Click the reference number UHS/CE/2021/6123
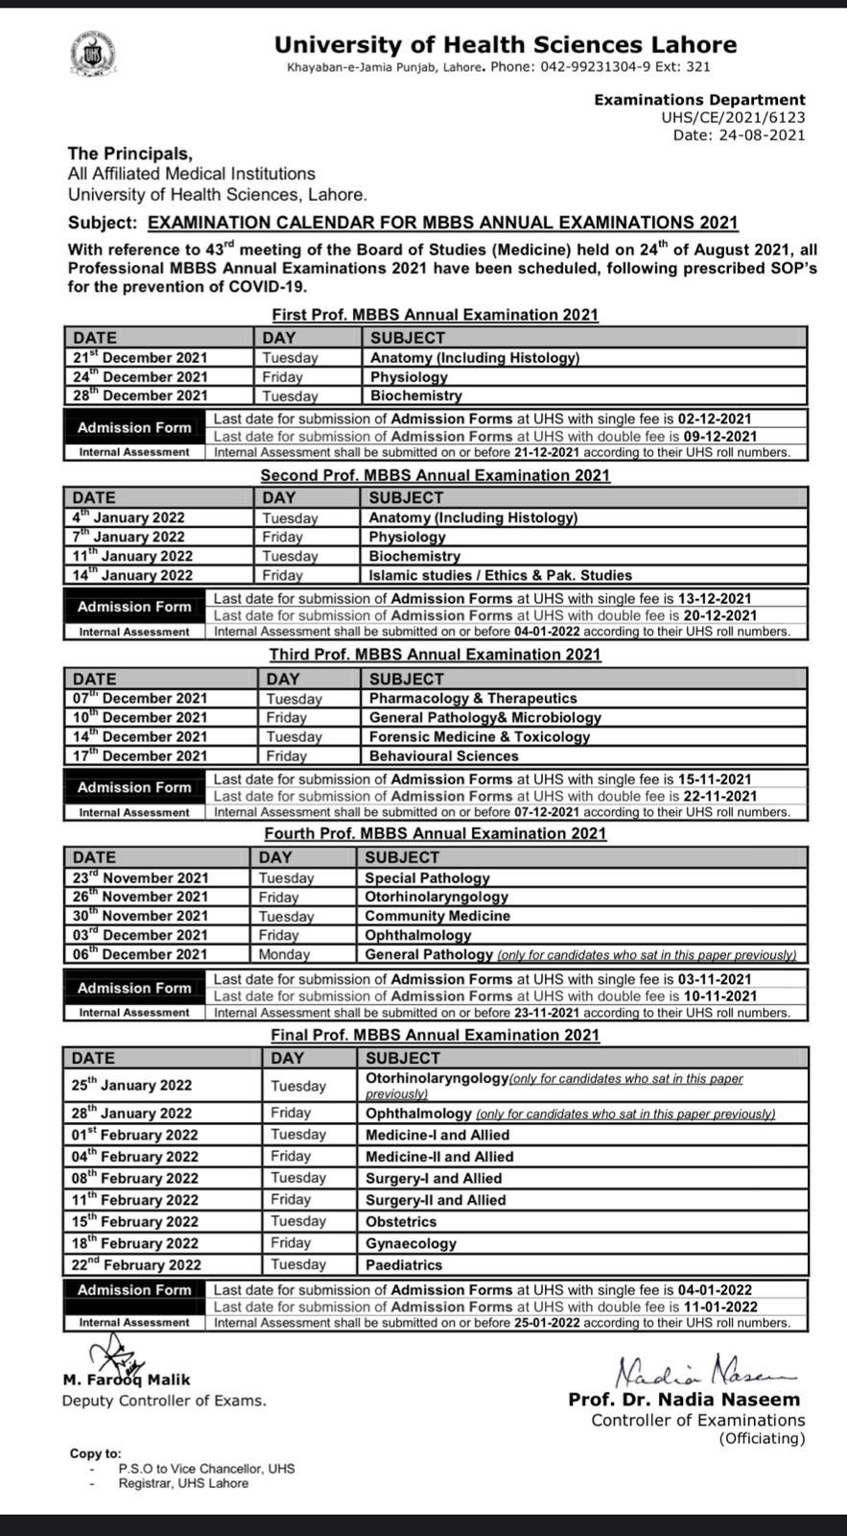(733, 117)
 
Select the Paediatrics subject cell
(404, 1265)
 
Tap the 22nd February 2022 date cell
(136, 1265)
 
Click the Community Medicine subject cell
(437, 916)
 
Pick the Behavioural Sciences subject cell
(443, 756)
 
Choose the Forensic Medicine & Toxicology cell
(479, 736)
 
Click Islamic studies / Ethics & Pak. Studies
(500, 575)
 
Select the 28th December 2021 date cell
(140, 396)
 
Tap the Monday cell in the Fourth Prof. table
(284, 954)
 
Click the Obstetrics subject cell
(401, 1222)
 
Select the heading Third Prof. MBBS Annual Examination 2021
(435, 655)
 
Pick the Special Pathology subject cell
(427, 877)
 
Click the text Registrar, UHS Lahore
(183, 1483)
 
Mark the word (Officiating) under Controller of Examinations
(762, 1438)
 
